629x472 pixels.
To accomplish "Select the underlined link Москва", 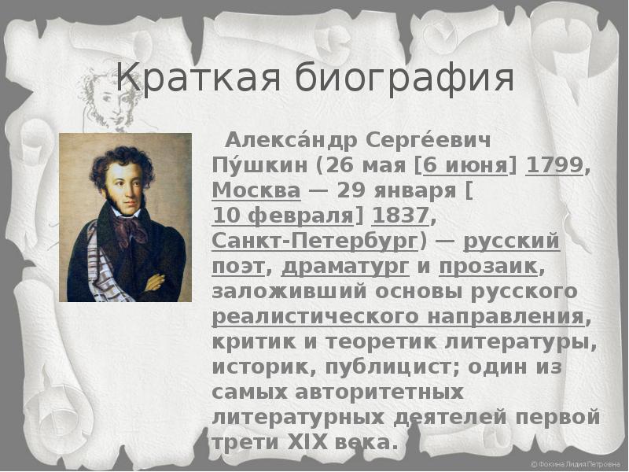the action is coord(256,190).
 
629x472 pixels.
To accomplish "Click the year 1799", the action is coord(554,165).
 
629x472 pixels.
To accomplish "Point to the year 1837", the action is coord(401,216).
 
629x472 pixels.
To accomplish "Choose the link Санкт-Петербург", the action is coord(314,242).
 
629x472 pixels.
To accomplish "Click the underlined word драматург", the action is coord(345,267).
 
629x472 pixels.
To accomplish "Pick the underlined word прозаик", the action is coord(488,266).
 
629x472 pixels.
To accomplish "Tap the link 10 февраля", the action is coord(282,216).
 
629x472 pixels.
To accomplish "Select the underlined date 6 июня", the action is coord(465,165).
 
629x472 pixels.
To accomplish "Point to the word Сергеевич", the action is coord(428,141).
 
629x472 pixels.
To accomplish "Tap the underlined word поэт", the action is coord(238,267).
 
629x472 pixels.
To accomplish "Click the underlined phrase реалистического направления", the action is coord(398,317).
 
